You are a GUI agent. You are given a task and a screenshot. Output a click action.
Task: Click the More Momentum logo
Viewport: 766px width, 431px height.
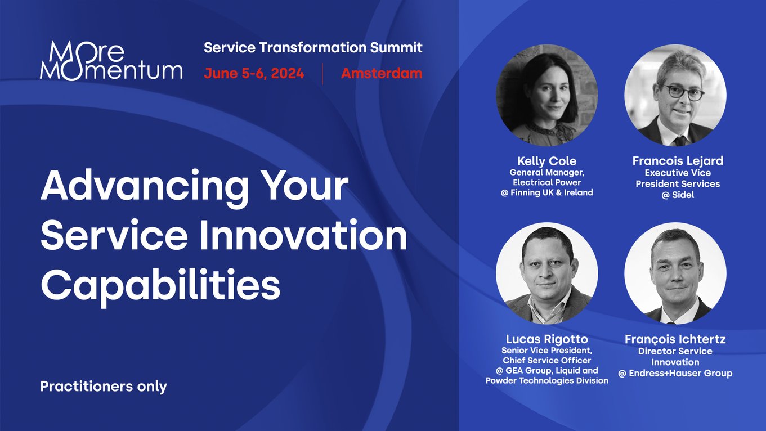pyautogui.click(x=111, y=61)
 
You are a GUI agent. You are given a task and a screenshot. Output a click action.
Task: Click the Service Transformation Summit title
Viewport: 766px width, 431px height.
pyautogui.click(x=313, y=48)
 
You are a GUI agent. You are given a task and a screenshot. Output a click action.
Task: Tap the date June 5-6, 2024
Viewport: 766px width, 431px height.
pyautogui.click(x=254, y=74)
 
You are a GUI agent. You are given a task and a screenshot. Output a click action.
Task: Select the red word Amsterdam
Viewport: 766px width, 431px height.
pyautogui.click(x=381, y=74)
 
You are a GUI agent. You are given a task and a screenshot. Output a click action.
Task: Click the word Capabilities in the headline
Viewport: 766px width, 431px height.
pyautogui.click(x=160, y=286)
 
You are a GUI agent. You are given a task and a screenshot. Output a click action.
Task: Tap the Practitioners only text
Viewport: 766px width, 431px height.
pyautogui.click(x=104, y=387)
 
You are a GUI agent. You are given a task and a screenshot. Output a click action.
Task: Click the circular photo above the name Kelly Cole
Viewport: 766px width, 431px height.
pyautogui.click(x=546, y=96)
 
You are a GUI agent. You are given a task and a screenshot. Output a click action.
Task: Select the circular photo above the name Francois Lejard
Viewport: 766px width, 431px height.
pyautogui.click(x=675, y=96)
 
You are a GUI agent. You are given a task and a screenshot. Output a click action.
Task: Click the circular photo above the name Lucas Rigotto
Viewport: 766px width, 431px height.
pyautogui.click(x=546, y=273)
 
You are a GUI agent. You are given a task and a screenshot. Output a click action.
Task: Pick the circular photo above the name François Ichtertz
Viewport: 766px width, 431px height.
pyautogui.click(x=675, y=273)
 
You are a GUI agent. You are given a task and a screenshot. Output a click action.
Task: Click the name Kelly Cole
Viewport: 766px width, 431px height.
pyautogui.click(x=546, y=161)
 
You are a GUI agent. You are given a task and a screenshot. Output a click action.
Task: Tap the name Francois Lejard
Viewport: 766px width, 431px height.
pyautogui.click(x=678, y=161)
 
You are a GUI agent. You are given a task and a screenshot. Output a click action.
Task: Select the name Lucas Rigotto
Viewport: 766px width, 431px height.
pyautogui.click(x=546, y=339)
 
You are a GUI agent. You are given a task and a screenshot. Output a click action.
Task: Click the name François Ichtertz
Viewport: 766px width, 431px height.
pyautogui.click(x=675, y=340)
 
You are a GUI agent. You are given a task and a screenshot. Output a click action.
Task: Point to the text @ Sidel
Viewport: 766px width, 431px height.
pyautogui.click(x=678, y=195)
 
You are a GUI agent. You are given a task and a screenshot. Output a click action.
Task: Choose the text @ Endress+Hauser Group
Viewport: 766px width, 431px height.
pyautogui.click(x=675, y=373)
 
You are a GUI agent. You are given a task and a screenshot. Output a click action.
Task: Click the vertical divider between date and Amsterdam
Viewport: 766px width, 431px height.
pyautogui.click(x=322, y=74)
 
